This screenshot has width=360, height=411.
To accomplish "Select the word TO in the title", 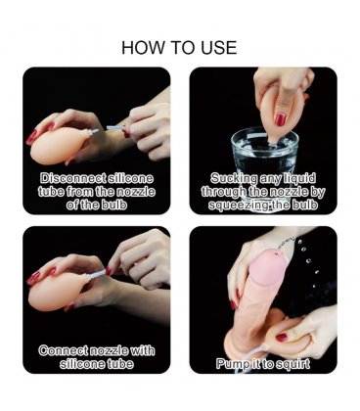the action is (x=184, y=48).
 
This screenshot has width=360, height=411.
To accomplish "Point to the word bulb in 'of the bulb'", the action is (x=113, y=205).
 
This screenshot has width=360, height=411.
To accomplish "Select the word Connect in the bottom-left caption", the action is (x=63, y=350).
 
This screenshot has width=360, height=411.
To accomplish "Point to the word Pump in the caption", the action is (x=230, y=364).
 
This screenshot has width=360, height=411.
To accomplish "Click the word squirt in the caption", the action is (x=292, y=364).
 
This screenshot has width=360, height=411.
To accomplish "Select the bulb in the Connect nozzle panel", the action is (x=58, y=290).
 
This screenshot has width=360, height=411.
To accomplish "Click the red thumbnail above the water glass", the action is (x=280, y=119).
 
